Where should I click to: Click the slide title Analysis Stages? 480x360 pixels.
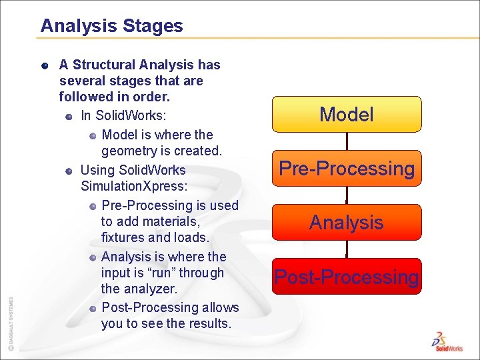pos(111,26)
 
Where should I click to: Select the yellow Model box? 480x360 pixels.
pos(347,114)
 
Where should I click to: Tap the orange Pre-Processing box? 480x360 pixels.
pos(347,169)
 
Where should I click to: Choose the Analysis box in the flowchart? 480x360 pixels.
pos(347,222)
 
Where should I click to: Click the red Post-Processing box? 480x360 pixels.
pos(347,277)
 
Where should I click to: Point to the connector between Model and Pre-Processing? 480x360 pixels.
pos(347,141)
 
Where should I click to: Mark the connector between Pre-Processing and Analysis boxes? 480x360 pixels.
pos(347,195)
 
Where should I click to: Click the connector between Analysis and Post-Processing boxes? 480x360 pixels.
pos(347,249)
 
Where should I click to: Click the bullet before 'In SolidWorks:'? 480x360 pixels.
pos(69,117)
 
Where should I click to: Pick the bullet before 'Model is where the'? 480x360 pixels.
pos(93,135)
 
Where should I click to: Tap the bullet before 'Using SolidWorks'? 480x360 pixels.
pos(69,171)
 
